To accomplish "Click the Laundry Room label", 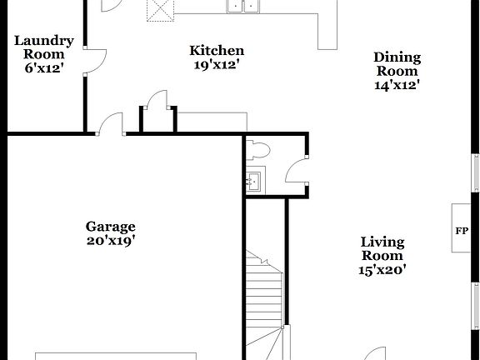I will pyautogui.click(x=44, y=47).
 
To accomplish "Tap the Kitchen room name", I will pyautogui.click(x=217, y=51).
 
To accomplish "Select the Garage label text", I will pyautogui.click(x=111, y=226).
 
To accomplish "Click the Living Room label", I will pyautogui.click(x=382, y=249).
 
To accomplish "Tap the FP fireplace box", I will pyautogui.click(x=461, y=230).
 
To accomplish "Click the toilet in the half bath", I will pyautogui.click(x=258, y=150).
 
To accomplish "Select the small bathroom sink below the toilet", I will pyautogui.click(x=253, y=178).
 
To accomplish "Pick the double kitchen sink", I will pyautogui.click(x=243, y=6).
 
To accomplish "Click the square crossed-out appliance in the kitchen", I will pyautogui.click(x=159, y=8).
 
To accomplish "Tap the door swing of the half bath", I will pyautogui.click(x=295, y=171).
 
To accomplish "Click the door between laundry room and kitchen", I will pyautogui.click(x=96, y=61).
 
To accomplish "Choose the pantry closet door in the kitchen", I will pyautogui.click(x=157, y=101).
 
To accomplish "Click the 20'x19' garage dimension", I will pyautogui.click(x=111, y=240).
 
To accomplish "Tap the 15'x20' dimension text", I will pyautogui.click(x=382, y=269).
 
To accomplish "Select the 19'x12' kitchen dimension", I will pyautogui.click(x=217, y=65).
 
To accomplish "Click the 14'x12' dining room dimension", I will pyautogui.click(x=397, y=84).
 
